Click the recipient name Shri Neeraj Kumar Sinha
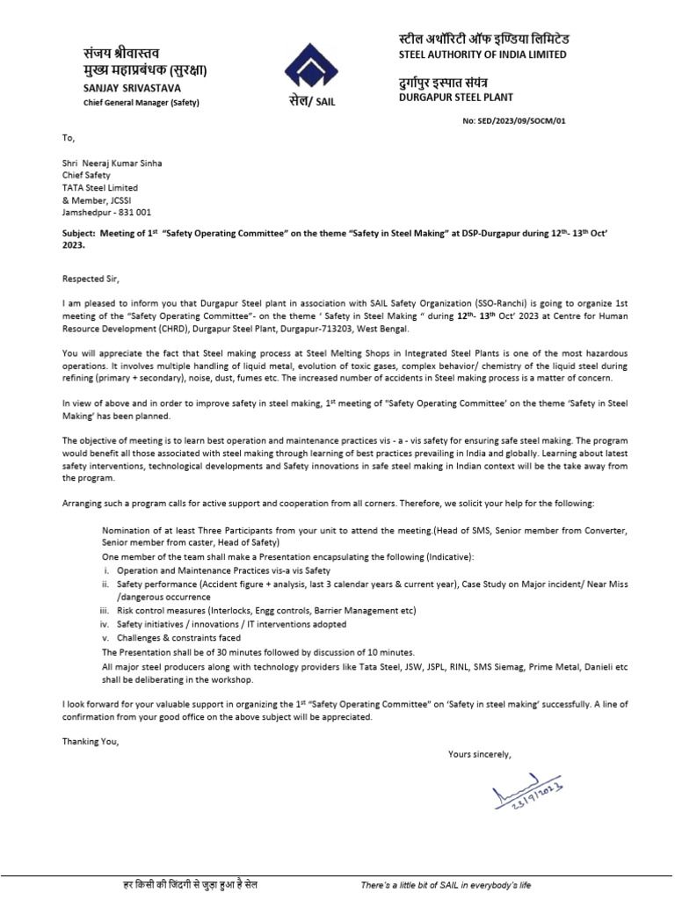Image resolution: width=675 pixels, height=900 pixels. pos(112,163)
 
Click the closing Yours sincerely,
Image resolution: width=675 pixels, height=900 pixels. pos(479,754)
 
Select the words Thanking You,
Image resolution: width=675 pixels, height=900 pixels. pos(90,741)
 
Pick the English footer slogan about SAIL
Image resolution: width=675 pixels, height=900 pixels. pos(446,884)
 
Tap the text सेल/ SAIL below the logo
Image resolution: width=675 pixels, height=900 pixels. pos(312,101)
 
